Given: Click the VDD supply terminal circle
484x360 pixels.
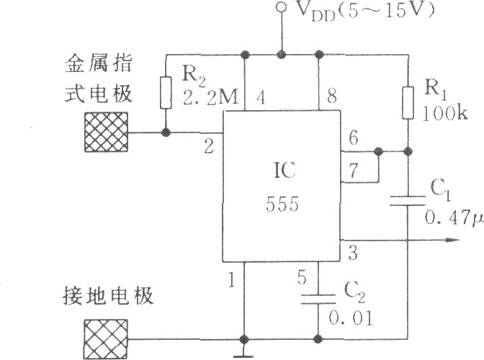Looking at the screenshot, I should (x=282, y=8).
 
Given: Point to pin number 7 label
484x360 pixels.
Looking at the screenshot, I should (x=352, y=172).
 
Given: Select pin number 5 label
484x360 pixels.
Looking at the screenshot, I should (x=302, y=275).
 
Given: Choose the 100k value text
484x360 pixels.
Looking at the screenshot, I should (x=444, y=114).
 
